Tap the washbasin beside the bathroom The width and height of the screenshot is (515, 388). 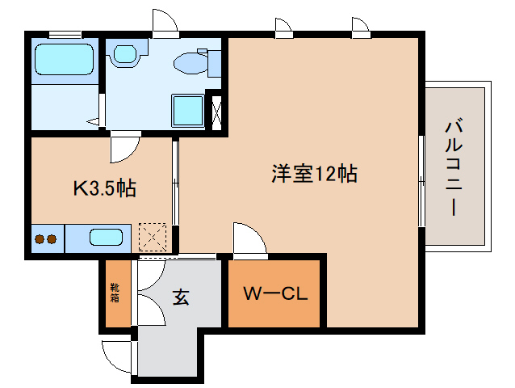125,55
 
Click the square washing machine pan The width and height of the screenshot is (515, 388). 189,111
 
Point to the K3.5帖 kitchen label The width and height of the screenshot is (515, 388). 105,189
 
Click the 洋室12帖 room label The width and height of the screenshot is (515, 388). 314,173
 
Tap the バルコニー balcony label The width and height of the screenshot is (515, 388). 454,167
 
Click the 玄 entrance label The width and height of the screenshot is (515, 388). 180,297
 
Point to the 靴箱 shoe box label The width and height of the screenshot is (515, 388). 115,293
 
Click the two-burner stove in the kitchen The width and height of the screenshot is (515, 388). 46,239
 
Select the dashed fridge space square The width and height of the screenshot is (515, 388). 153,238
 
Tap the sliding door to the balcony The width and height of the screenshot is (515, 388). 421,181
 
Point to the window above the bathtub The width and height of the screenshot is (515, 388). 64,33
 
